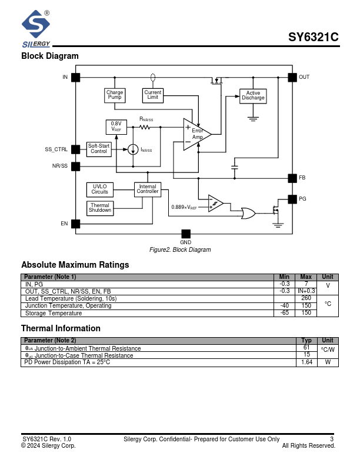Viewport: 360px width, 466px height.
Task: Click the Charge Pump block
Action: click(115, 95)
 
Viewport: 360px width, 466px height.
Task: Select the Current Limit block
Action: click(153, 95)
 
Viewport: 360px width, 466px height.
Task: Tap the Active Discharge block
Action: click(253, 95)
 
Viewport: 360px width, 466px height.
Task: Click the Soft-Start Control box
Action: click(99, 149)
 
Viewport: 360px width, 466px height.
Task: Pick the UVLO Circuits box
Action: click(99, 189)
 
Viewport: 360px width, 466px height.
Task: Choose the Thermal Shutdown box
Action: click(100, 208)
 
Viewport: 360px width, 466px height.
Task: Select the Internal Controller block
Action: click(148, 189)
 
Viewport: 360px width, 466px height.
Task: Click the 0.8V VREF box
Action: click(116, 127)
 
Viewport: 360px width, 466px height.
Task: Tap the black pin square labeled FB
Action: click(291, 178)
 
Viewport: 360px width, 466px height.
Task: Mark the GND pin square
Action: click(186, 234)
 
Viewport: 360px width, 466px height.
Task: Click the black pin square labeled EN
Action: click(75, 224)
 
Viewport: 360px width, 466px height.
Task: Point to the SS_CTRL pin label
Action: click(56, 149)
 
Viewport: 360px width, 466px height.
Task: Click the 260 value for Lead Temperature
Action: click(306, 298)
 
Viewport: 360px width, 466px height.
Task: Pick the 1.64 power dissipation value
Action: click(306, 362)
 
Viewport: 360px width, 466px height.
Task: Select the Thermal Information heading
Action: click(61, 328)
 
